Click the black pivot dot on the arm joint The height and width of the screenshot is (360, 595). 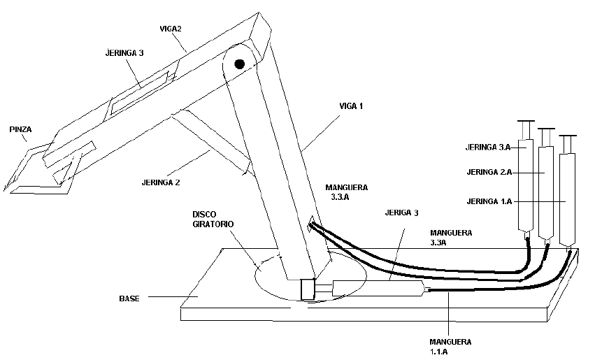pyautogui.click(x=240, y=64)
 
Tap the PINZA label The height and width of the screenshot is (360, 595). pyautogui.click(x=20, y=129)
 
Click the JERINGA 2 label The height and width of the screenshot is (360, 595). pyautogui.click(x=160, y=182)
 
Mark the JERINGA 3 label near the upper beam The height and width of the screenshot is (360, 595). pyautogui.click(x=125, y=52)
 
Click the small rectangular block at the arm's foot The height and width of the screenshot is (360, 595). pyautogui.click(x=308, y=289)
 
